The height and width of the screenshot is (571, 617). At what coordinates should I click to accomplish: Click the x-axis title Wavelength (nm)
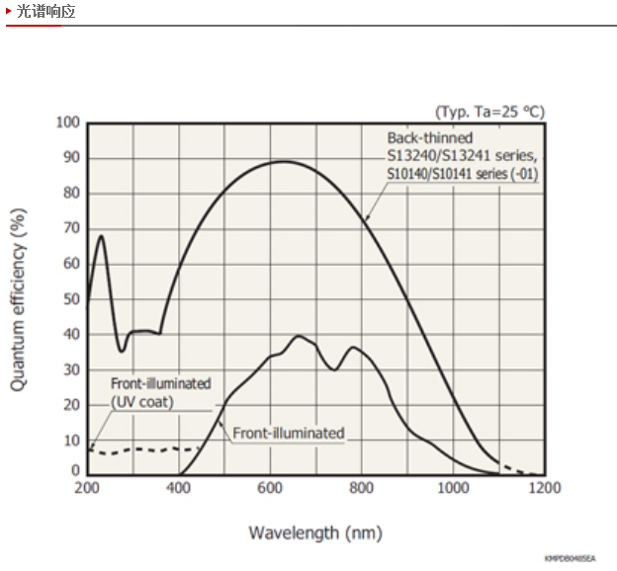coord(314,533)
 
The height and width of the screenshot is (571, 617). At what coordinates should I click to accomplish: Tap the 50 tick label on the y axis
coord(70,298)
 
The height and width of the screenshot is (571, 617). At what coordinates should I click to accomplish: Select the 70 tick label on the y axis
coord(70,228)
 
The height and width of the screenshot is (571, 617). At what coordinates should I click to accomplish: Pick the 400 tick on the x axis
coord(178,488)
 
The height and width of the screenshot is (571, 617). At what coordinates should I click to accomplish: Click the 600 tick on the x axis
coord(270,488)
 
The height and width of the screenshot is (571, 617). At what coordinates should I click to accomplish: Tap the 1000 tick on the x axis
coord(453,488)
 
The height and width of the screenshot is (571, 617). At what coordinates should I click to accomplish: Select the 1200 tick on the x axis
coord(544,488)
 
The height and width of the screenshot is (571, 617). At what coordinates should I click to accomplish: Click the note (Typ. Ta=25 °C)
coord(489,112)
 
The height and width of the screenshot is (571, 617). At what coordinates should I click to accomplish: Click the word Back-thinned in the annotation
coord(430,138)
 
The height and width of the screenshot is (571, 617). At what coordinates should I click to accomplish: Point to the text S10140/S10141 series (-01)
coord(462,174)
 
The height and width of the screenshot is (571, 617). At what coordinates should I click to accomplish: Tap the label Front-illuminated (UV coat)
coord(160,392)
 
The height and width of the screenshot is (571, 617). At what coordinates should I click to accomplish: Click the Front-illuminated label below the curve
coord(288,433)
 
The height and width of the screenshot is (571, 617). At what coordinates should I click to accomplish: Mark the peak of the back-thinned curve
coord(284,161)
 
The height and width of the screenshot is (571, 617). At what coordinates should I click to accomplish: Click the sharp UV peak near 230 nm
coord(101,236)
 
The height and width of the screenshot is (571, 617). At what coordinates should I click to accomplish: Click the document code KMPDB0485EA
coord(570,558)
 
